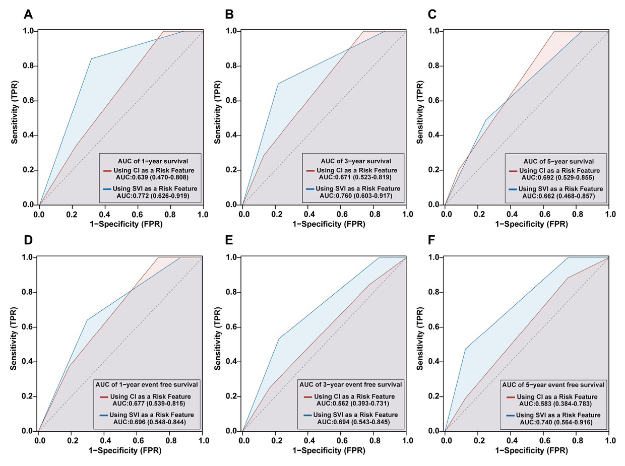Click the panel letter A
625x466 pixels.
coord(28,14)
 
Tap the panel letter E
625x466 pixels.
coord(229,241)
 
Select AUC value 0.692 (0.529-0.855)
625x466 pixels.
coord(558,178)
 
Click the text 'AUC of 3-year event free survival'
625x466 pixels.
coord(351,384)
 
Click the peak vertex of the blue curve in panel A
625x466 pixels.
coord(91,59)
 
